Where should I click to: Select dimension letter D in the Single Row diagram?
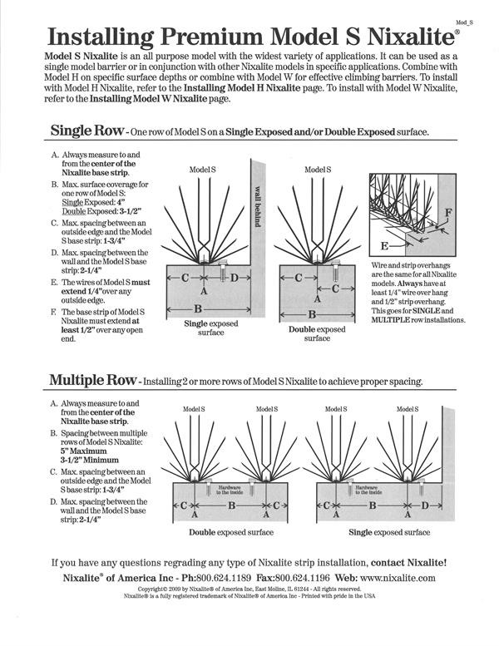[x=235, y=277]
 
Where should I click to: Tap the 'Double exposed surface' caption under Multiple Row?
[x=231, y=532]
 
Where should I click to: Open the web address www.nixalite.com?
[x=398, y=577]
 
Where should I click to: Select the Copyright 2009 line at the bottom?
[x=249, y=589]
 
